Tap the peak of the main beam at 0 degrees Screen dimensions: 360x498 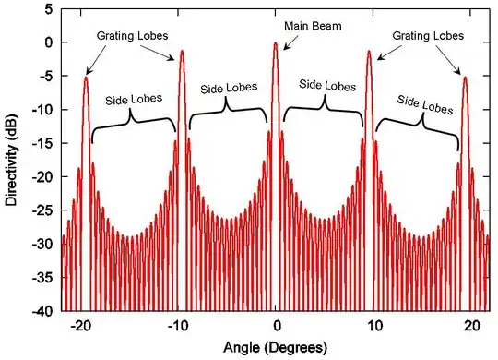pos(275,43)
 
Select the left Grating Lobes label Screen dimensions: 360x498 pos(131,35)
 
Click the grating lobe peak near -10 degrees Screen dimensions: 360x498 pos(182,52)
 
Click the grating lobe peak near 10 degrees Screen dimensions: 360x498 pos(369,52)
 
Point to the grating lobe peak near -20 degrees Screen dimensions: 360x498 pos(86,78)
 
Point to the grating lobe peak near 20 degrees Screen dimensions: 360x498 pos(465,78)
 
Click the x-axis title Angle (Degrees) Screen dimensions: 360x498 pos(275,348)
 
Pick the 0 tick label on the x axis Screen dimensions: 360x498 pos(275,326)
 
